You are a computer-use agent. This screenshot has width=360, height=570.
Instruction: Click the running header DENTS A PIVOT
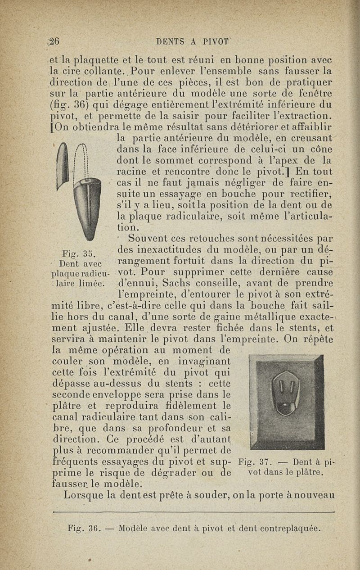pyautogui.click(x=193, y=41)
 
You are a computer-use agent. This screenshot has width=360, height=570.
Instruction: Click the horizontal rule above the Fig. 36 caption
pyautogui.click(x=193, y=512)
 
